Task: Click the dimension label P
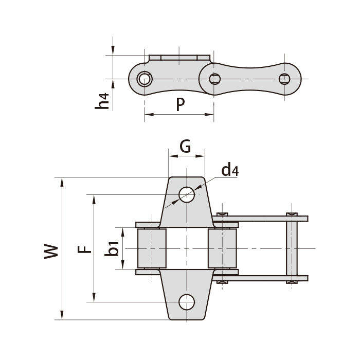pos(180,104)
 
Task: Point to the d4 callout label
pos(229,170)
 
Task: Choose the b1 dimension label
pos(113,249)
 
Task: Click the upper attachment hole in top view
pos(187,194)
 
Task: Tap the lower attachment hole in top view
pos(187,302)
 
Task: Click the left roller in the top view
pos(152,248)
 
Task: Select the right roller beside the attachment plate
pos(222,248)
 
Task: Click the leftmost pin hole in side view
pos(145,79)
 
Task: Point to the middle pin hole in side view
pos(215,79)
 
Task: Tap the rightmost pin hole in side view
pos(284,79)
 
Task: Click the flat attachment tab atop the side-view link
pos(179,57)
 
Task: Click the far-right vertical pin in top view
pos(292,248)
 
